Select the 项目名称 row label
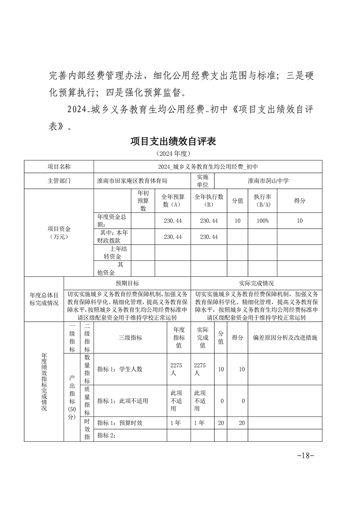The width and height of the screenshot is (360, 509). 59,167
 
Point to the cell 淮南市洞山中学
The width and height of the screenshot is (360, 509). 268,180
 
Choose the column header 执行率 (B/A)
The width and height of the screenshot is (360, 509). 262,201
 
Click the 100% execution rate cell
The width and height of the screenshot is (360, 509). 262,220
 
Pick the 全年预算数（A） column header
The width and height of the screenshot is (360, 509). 173,201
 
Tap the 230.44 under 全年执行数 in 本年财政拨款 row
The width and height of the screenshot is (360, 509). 209,237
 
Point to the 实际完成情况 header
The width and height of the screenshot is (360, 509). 256,283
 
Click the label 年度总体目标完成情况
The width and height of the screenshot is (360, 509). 44,299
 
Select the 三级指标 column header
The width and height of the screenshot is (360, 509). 131,338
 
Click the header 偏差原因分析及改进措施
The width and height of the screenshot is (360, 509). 285,338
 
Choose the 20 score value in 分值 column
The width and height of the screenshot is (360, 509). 221,422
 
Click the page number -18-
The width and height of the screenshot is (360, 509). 305,455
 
